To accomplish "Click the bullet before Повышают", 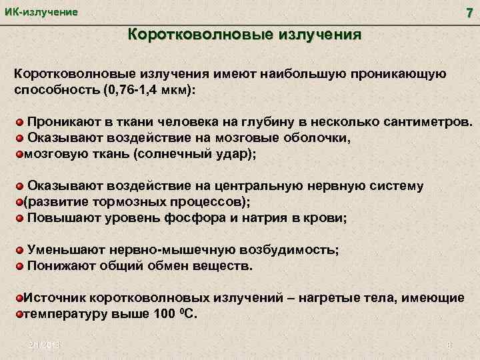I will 21,217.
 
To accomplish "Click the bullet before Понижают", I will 21,266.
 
